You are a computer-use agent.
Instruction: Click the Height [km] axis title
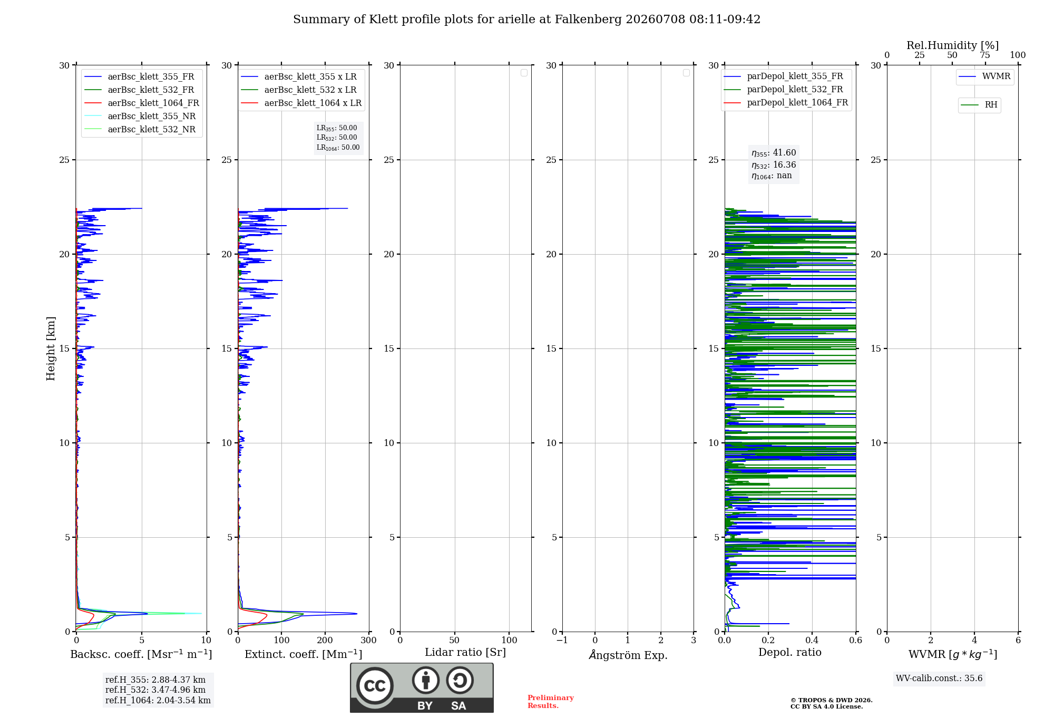[51, 348]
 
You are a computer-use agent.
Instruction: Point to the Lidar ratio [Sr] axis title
[465, 653]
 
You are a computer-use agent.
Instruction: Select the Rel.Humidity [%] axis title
[952, 45]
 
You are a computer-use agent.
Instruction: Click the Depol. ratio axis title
[790, 652]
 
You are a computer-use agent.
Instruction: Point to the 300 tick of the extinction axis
[369, 640]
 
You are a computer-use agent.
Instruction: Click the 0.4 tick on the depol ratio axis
[812, 640]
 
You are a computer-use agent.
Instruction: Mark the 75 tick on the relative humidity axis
[985, 55]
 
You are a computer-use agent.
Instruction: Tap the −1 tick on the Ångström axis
[562, 640]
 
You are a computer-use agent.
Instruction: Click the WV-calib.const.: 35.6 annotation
[939, 679]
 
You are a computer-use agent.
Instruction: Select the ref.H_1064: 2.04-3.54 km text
[158, 701]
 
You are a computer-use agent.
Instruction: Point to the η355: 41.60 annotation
[774, 153]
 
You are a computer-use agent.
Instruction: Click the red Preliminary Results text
[551, 702]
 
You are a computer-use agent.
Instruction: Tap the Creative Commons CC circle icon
[375, 685]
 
